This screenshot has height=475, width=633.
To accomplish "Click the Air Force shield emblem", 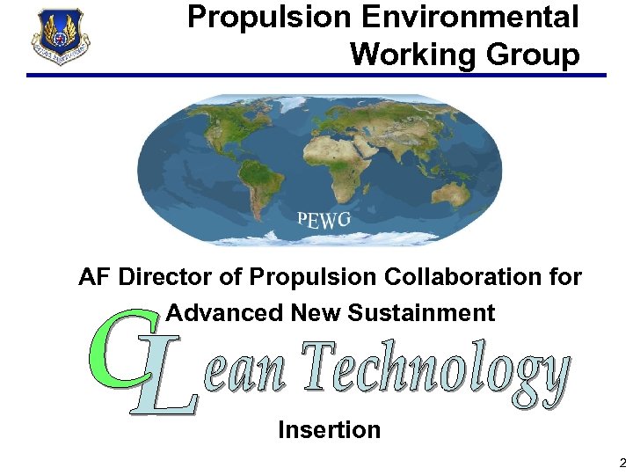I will [x=60, y=36].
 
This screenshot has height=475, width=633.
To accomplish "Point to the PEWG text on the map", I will [x=324, y=219].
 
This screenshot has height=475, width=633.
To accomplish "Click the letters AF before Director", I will [x=94, y=278].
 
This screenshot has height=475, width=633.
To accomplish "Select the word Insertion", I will [x=329, y=430].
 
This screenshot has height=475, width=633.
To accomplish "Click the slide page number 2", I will [x=622, y=463].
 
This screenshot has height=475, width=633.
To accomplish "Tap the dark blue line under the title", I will [x=316, y=76].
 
